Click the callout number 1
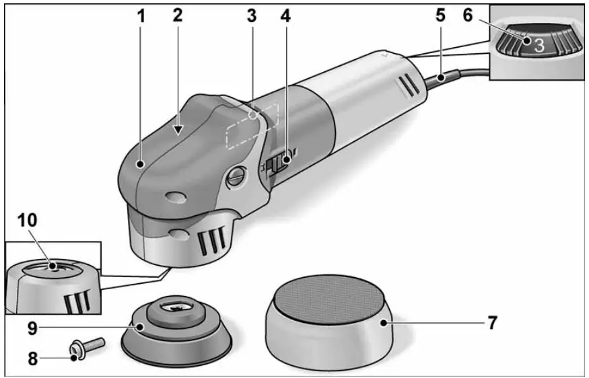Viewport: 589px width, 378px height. pos(141,15)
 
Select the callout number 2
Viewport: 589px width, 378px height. pos(177,15)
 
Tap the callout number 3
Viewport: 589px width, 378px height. pos(251,15)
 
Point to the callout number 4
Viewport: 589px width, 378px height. pos(285,15)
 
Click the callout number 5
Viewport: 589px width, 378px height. pos(440,15)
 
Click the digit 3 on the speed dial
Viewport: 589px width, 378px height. pos(539,45)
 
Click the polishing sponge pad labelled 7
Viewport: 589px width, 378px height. pos(329,316)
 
